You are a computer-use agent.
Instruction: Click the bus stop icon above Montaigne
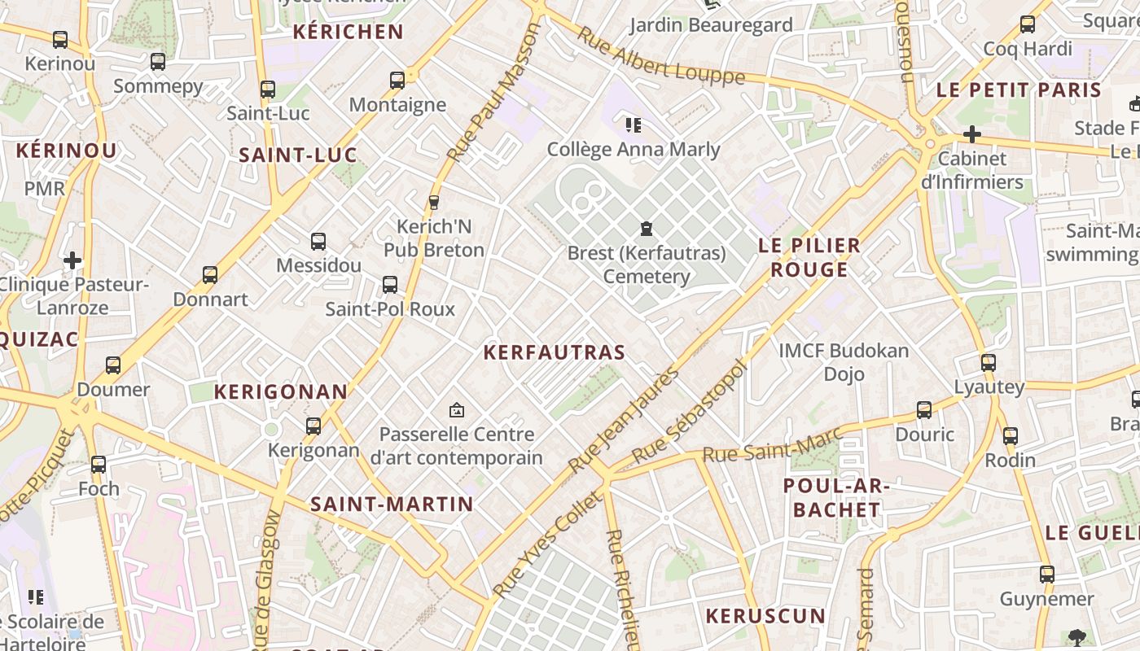(397, 81)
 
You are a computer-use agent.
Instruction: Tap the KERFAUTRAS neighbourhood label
(554, 352)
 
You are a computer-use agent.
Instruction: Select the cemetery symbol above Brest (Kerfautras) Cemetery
(647, 228)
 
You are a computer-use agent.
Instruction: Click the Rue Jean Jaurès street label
(624, 421)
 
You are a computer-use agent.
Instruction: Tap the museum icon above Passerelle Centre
(456, 410)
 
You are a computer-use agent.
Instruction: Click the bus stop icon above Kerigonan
(313, 426)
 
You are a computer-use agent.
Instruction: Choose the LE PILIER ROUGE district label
(809, 257)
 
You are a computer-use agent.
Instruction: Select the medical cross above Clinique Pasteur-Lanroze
(72, 260)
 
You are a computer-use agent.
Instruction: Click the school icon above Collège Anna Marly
(633, 125)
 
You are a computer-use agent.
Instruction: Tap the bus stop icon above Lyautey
(989, 363)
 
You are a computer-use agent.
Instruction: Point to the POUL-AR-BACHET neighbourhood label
(837, 498)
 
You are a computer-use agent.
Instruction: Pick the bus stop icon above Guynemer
(1047, 575)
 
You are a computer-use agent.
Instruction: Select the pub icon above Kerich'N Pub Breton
(434, 202)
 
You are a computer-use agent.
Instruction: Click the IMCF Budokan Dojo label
(844, 362)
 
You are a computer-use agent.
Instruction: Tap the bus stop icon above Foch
(99, 465)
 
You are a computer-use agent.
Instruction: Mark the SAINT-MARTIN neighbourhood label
(392, 504)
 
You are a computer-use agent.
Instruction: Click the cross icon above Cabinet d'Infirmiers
(972, 134)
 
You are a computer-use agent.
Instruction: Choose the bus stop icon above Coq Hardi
(1028, 24)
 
